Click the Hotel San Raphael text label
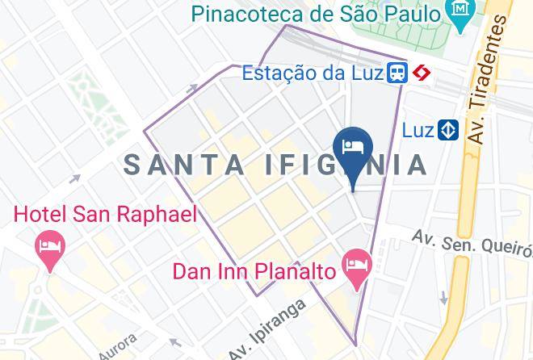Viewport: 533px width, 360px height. tap(105, 214)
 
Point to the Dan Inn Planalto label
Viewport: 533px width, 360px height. tap(254, 271)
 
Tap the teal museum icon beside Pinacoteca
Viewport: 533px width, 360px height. tap(461, 14)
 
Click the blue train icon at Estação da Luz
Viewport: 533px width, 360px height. tap(397, 73)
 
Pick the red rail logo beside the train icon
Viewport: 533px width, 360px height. tap(421, 73)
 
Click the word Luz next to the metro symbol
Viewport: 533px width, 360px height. tap(418, 129)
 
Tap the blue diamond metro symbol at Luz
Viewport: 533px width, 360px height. tap(448, 129)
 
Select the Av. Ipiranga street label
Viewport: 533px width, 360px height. tap(268, 331)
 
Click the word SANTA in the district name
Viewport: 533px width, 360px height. tap(183, 165)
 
